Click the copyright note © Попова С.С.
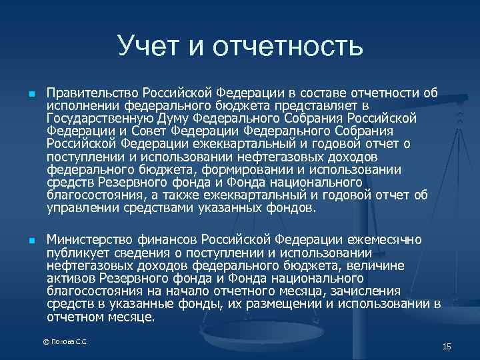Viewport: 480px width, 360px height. click(65, 342)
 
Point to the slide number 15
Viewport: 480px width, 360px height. click(447, 346)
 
